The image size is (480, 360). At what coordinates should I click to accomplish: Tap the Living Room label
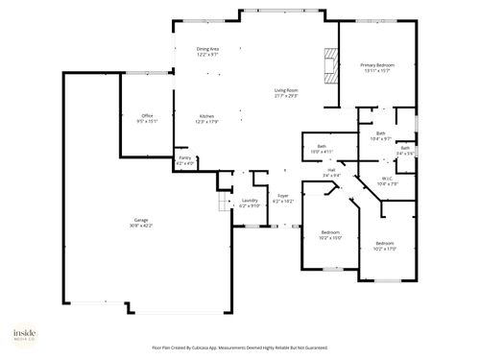(286, 94)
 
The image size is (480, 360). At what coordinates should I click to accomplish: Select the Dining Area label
(207, 52)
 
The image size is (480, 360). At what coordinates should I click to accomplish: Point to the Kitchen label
(207, 118)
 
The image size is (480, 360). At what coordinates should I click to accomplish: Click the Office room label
(147, 118)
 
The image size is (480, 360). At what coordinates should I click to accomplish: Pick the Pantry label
(184, 161)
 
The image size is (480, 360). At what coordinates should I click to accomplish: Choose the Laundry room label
(249, 203)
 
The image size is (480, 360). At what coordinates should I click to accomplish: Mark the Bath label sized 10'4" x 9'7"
(380, 136)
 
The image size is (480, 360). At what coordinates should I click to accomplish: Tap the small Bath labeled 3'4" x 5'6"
(405, 151)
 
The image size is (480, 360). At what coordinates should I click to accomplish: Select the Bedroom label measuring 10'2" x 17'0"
(385, 246)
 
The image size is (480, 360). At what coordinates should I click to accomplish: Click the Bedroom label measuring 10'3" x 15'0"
(330, 236)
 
